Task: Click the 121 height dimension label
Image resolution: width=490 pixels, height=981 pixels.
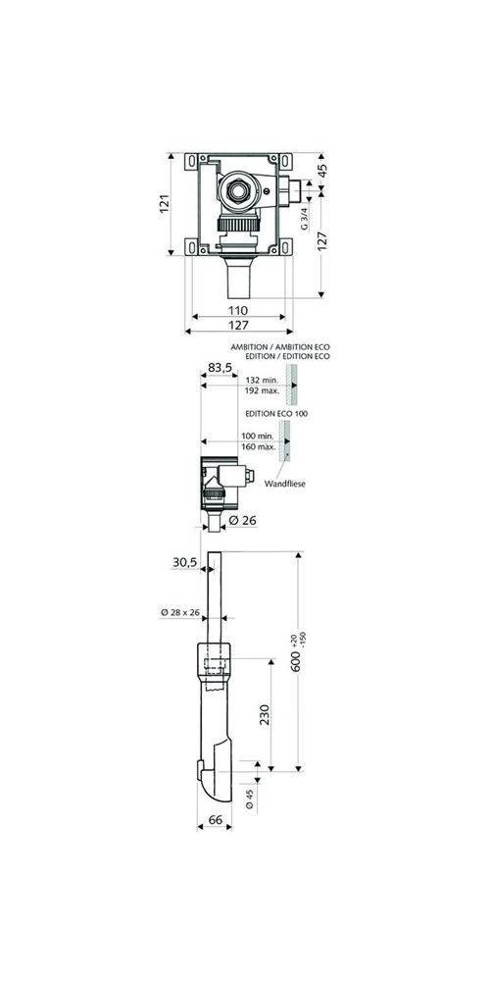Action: (x=166, y=203)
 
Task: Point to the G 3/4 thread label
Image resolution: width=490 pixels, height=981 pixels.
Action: (x=305, y=217)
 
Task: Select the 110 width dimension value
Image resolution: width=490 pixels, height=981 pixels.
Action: (x=237, y=310)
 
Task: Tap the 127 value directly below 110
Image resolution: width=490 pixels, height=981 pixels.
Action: (x=237, y=327)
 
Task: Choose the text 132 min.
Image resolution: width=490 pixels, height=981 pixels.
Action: (x=262, y=380)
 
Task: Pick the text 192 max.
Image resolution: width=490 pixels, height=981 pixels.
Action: (x=262, y=390)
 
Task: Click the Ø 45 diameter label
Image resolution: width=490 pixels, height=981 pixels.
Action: (x=249, y=800)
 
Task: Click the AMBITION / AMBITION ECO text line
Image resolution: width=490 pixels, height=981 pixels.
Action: (x=281, y=348)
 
